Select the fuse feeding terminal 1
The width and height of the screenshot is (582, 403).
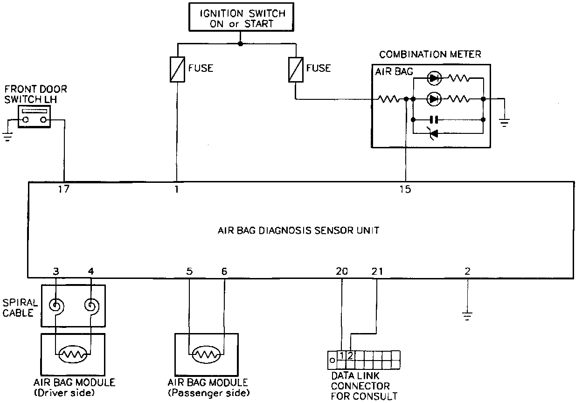[177, 69]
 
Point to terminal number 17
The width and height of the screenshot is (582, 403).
[63, 190]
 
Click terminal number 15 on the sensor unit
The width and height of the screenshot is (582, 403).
[405, 190]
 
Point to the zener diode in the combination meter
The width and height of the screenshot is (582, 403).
[434, 134]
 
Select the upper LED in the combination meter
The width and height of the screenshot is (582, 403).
[434, 78]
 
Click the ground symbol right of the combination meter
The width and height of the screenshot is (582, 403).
[504, 123]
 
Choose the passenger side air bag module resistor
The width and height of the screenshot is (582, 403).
[206, 355]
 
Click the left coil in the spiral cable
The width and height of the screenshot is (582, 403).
[57, 306]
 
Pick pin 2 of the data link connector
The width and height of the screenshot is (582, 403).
[351, 355]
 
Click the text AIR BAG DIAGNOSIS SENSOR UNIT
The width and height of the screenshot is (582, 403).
[298, 230]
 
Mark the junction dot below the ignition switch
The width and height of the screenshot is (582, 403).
[240, 44]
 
